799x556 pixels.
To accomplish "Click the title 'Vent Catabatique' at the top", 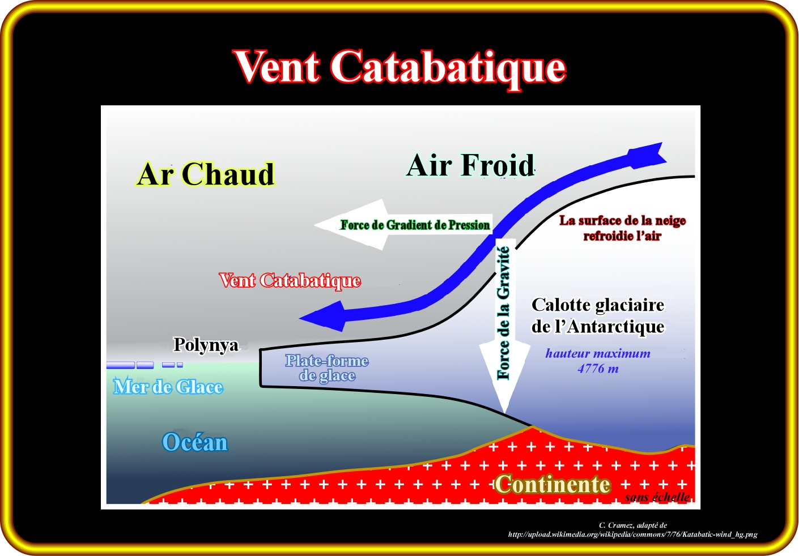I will [x=400, y=67].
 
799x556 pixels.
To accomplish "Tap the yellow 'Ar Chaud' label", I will [x=206, y=174].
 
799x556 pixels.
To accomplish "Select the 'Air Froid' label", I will [x=471, y=166].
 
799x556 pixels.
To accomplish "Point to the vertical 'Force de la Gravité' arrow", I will [x=504, y=317].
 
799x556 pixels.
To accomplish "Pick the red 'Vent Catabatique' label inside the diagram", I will [x=290, y=280].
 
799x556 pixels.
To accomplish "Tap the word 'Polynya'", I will [x=206, y=344].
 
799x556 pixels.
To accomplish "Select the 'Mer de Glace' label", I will [x=168, y=387].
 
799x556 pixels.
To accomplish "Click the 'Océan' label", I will [x=195, y=442].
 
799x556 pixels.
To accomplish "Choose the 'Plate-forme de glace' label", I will [x=327, y=368].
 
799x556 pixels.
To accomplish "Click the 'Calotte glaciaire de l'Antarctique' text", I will [x=598, y=316].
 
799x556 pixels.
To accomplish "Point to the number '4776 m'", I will [x=598, y=369].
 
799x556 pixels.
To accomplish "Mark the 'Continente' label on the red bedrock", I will [x=552, y=485].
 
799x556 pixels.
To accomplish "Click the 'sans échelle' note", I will [x=657, y=497].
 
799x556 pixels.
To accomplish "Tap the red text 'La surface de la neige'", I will [x=622, y=221].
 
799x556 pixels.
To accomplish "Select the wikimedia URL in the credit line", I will [x=632, y=534].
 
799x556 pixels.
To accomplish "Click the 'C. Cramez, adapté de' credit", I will [x=632, y=525].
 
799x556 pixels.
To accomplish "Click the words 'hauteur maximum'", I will [x=598, y=354].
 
